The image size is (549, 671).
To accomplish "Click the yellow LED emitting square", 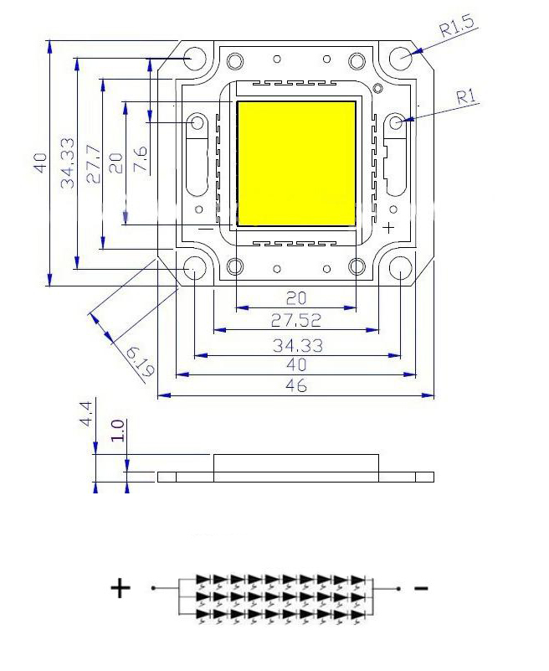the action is (296, 163).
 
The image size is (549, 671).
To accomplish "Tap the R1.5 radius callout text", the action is (457, 27).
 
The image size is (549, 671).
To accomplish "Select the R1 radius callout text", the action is (466, 97).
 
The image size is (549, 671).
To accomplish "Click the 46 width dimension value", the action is (296, 385).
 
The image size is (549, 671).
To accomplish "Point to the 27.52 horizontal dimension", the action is (296, 320).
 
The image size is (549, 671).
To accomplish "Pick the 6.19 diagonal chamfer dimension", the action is (141, 362).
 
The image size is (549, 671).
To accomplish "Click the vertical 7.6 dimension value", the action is (141, 159).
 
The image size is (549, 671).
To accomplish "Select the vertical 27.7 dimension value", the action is (94, 164).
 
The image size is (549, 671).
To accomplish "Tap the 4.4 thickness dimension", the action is (85, 414).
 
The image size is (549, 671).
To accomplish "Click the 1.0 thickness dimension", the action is (117, 431).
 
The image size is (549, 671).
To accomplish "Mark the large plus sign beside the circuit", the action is (121, 588).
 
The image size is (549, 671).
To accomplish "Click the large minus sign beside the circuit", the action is (421, 588).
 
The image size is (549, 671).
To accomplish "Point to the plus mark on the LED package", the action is (388, 227).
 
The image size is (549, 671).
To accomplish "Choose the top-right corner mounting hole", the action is (401, 57).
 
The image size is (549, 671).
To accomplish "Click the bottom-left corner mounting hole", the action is (194, 267).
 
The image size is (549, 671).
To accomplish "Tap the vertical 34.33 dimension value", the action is (68, 163).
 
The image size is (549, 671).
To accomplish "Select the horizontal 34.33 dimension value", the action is (298, 345).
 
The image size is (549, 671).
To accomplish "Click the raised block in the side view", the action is (296, 463).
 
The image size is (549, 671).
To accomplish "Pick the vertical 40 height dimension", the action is (41, 163).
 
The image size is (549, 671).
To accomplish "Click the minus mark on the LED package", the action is (206, 229).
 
